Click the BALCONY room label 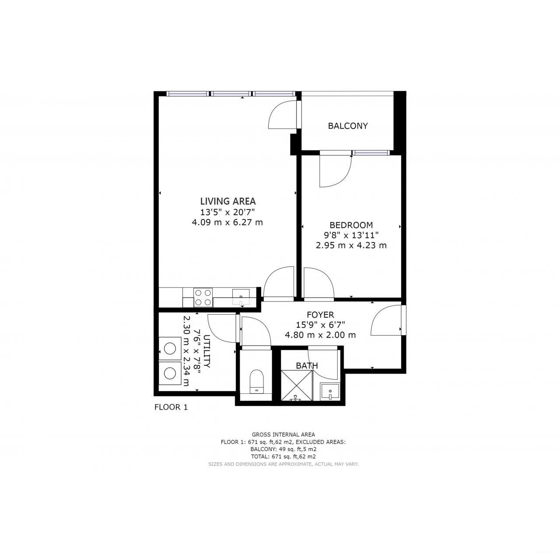click(x=348, y=126)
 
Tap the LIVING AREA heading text click(x=227, y=201)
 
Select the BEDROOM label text click(x=351, y=225)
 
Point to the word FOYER click(x=320, y=315)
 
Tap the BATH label click(x=307, y=366)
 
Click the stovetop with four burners click(x=203, y=297)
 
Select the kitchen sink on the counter click(x=241, y=296)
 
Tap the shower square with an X click(x=297, y=385)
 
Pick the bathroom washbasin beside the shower click(x=329, y=391)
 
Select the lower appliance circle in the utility click(x=170, y=373)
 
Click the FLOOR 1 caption click(x=171, y=407)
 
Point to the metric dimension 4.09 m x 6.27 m click(x=227, y=222)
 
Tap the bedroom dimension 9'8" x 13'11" click(x=351, y=235)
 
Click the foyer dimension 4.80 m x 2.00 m click(x=320, y=335)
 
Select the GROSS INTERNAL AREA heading click(x=283, y=434)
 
